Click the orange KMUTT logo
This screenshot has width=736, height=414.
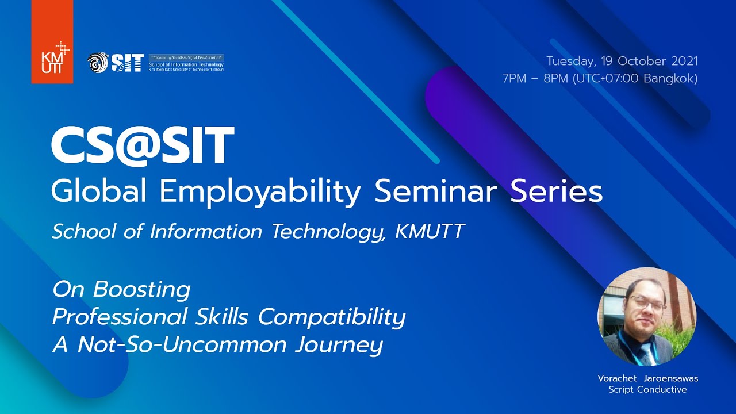point(52,41)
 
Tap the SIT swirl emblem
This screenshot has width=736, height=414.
point(98,63)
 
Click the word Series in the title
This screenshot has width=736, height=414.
point(557,191)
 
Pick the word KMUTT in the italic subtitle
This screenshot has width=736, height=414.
point(430,231)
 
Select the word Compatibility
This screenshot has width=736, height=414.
point(332,317)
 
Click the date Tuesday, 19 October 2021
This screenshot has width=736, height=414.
point(622,61)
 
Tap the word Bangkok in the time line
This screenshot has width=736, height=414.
point(670,78)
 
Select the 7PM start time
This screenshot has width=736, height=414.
point(514,78)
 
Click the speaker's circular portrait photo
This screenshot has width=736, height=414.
point(647,317)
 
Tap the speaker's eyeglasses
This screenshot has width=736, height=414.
point(646,304)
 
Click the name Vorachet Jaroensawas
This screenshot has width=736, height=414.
point(647,378)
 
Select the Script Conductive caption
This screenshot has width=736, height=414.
point(647,390)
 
